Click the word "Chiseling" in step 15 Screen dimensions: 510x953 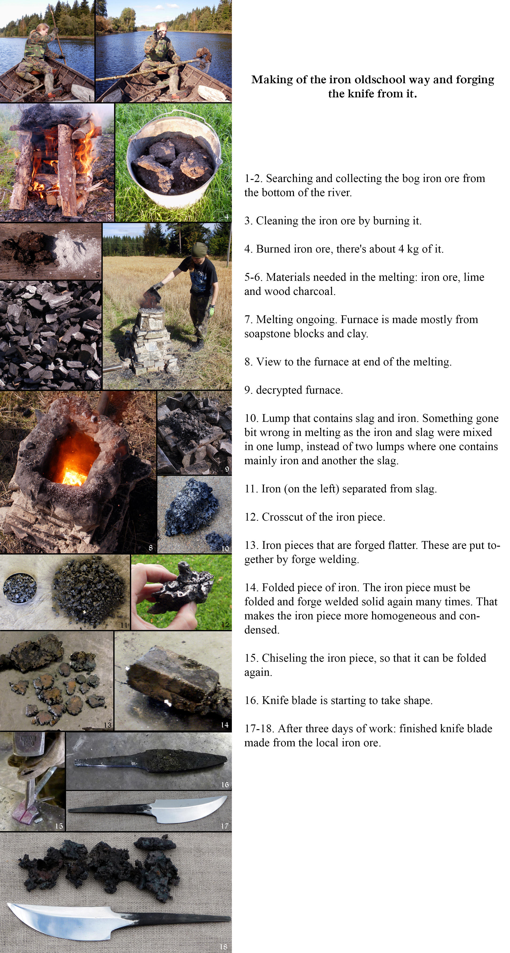284,658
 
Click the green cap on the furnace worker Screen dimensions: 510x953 199,249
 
